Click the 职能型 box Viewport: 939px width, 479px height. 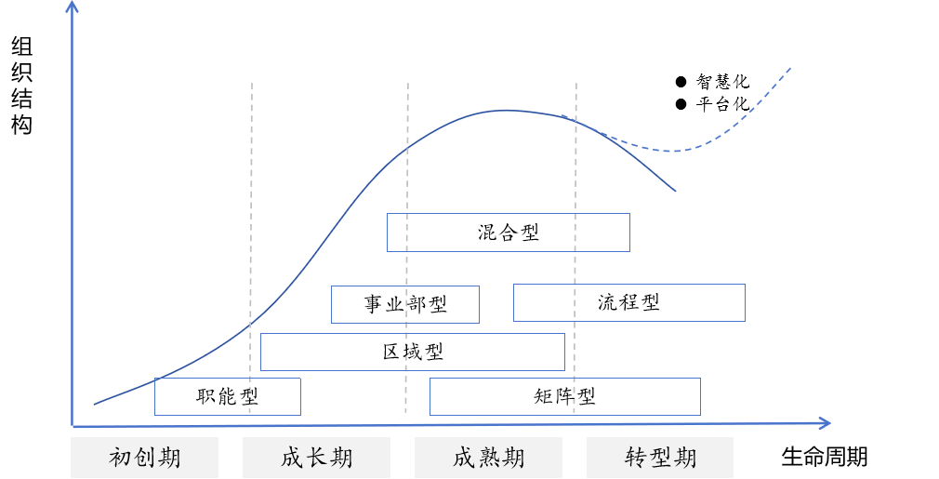point(227,396)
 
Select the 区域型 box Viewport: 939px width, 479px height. point(413,352)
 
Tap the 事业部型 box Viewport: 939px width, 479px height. point(405,304)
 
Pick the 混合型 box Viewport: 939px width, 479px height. point(508,233)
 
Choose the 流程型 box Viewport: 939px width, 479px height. point(628,302)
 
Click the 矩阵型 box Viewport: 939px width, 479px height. point(564,396)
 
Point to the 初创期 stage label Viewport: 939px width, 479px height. point(145,458)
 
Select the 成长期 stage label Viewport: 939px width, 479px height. point(316,458)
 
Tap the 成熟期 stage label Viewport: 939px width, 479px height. point(488,458)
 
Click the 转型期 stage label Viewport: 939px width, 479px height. point(660,458)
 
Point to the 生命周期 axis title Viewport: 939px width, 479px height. point(824,457)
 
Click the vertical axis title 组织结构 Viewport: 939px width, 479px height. point(21,86)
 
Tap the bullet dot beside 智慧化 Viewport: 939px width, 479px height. point(681,82)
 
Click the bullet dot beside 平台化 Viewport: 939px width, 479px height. point(681,103)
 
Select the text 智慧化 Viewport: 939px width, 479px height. point(722,82)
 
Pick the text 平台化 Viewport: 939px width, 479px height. point(722,103)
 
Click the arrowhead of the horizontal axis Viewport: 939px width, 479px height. point(825,423)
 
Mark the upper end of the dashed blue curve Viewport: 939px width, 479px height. point(791,68)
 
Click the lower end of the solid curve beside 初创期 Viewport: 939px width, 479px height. point(95,405)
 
